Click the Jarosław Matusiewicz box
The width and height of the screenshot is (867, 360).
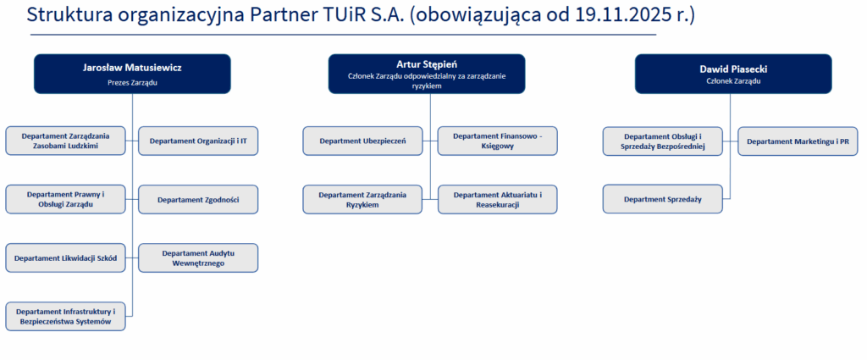coord(132,74)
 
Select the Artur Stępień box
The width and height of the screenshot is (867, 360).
coord(427,74)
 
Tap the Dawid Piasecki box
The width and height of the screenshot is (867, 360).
coord(733,74)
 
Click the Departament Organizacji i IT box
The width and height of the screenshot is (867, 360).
coord(198,141)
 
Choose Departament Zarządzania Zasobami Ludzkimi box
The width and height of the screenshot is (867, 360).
coord(66,141)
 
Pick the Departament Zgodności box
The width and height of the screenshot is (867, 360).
coord(198,199)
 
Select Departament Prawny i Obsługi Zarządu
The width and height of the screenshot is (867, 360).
coord(66,199)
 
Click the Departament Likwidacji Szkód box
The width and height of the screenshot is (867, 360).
coord(66,258)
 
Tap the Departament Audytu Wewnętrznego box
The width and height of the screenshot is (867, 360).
coord(198,258)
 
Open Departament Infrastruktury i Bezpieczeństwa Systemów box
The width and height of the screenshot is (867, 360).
coord(66,316)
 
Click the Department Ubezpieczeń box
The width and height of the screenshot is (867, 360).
coord(362,141)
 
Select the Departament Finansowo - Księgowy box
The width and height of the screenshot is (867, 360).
coord(498,141)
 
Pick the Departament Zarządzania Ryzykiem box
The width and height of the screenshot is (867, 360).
coord(362,199)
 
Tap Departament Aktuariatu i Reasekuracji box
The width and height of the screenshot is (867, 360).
coord(498,199)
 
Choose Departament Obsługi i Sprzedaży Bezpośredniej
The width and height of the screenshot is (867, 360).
coord(662,141)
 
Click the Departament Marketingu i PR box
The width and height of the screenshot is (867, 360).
coord(798,141)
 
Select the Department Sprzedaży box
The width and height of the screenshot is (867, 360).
coord(662,199)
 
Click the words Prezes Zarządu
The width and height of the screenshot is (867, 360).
coord(132,82)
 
